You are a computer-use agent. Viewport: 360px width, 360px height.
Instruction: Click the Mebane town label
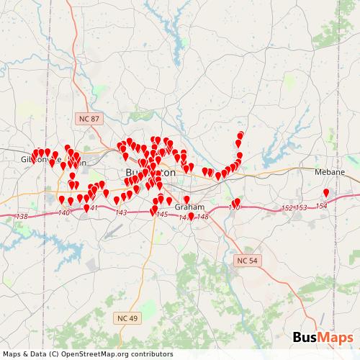click(330, 173)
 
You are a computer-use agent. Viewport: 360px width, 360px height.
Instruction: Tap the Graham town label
click(190, 207)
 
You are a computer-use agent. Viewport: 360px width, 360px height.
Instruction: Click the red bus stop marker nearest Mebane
click(326, 193)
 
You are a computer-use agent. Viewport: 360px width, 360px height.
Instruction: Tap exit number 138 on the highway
click(22, 217)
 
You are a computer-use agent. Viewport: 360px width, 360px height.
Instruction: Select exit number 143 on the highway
click(121, 212)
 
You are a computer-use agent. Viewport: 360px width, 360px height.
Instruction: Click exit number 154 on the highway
click(321, 206)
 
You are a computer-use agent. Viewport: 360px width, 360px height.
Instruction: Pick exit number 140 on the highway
click(64, 212)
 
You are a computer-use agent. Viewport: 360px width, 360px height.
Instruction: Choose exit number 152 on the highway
click(287, 207)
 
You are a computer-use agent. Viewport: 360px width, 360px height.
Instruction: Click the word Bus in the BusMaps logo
click(305, 338)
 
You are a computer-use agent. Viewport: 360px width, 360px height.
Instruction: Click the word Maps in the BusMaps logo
click(336, 338)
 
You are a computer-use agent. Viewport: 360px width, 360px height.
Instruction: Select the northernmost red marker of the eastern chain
click(240, 135)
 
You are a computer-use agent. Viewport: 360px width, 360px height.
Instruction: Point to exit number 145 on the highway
click(162, 215)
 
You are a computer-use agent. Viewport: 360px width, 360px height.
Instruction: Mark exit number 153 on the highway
click(301, 207)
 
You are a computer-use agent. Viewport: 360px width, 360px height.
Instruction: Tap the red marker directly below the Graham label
click(191, 215)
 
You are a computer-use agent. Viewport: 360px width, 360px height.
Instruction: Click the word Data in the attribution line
click(35, 354)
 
